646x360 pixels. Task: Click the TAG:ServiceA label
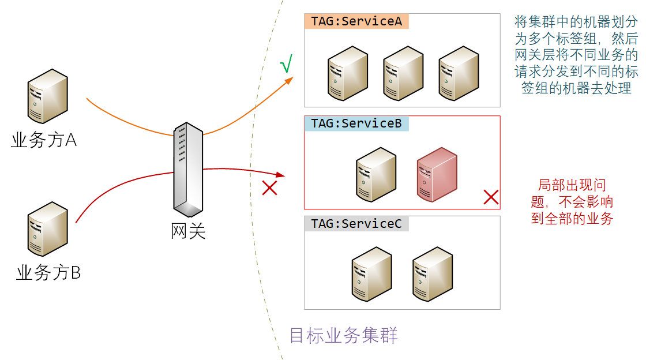[x=356, y=21]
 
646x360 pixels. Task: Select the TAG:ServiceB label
[x=356, y=123]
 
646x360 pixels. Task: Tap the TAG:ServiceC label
[x=356, y=224]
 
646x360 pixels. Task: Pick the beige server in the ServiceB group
[x=376, y=174]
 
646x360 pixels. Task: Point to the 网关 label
[x=189, y=231]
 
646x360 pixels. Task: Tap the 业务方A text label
[x=44, y=140]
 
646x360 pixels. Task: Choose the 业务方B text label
[x=48, y=272]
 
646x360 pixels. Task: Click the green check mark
[x=286, y=65]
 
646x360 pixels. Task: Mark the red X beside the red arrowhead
[x=269, y=187]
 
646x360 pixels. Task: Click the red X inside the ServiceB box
[x=490, y=197]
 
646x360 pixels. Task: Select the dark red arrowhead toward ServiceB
[x=281, y=174]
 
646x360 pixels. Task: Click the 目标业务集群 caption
[x=343, y=335]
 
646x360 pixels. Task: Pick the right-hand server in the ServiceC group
[x=433, y=273]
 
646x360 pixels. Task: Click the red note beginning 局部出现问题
[x=572, y=202]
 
